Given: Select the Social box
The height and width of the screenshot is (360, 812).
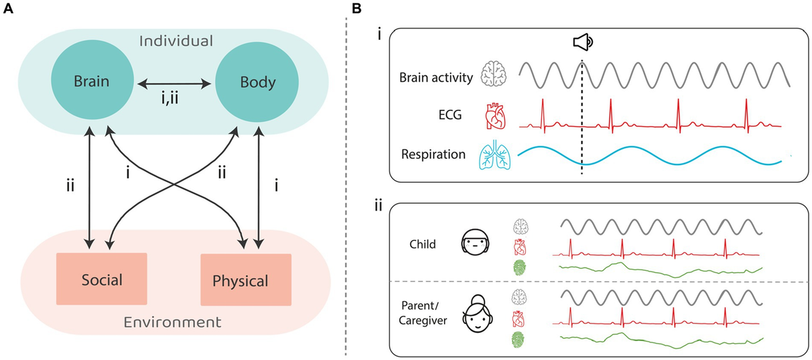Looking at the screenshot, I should pos(101,278).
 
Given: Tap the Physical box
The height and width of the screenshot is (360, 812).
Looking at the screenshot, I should pos(246,279).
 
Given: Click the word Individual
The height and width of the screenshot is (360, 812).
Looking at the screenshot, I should pos(175,41).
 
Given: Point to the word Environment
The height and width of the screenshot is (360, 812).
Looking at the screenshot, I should pos(175,321).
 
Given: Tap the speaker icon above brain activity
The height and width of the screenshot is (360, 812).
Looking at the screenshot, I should pos(582,43).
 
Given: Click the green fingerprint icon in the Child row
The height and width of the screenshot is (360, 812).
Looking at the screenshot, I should pos(519,267).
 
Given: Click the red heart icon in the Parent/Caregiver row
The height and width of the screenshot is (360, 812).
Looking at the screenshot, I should pos(519,318).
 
